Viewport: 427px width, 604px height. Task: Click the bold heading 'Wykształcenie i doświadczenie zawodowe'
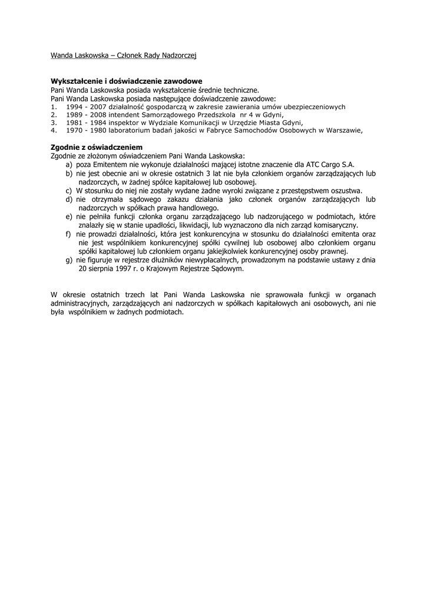click(x=127, y=81)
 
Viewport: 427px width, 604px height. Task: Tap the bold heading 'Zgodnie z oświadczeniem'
click(x=97, y=147)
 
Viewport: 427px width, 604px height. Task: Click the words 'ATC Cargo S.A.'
click(x=332, y=165)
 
